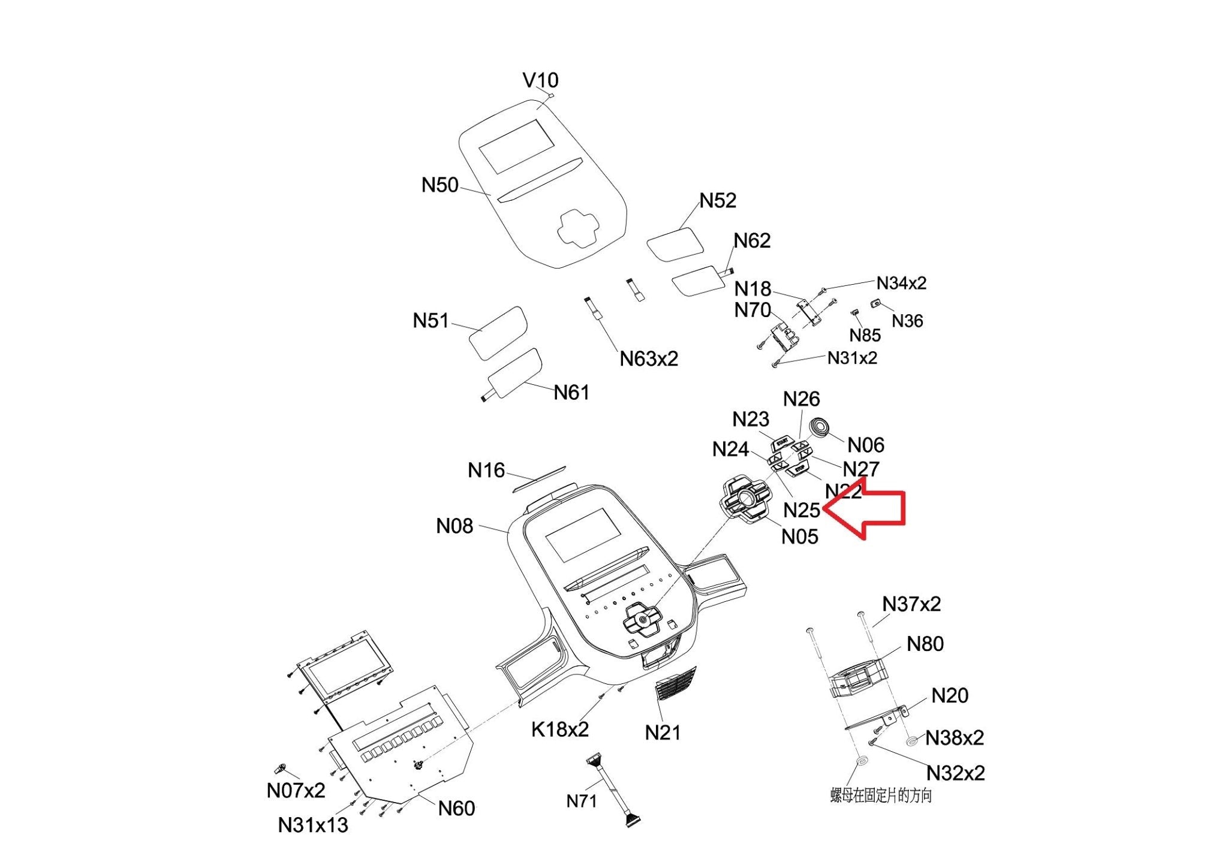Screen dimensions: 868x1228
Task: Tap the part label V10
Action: coord(540,80)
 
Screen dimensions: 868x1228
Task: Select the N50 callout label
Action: coord(440,185)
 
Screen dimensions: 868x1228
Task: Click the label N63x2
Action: coord(649,359)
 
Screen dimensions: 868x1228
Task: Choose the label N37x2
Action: coord(911,604)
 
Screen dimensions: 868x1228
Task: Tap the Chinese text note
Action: coord(881,796)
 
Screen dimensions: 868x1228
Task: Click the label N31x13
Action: coord(313,825)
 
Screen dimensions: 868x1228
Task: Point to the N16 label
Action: coord(486,471)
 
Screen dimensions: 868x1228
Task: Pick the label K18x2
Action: coord(560,730)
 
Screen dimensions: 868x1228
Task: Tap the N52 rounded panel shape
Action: coord(675,244)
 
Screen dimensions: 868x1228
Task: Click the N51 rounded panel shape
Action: coord(498,333)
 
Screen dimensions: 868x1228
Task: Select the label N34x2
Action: coord(901,283)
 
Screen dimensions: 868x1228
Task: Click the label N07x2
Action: coord(296,791)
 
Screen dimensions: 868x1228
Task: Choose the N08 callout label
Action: coord(455,526)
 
